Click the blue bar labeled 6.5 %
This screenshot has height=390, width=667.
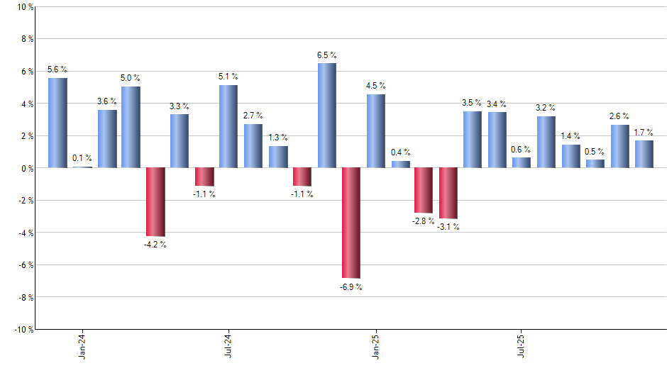coord(326,116)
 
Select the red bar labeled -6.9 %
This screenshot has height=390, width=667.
coord(351,223)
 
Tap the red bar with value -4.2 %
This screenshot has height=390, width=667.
coord(155,202)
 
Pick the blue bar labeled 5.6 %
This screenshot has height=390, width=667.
coord(57,123)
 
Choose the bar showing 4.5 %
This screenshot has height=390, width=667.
coord(376,131)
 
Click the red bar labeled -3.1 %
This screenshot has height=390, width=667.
coord(448,193)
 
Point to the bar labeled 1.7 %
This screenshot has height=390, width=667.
coord(644,154)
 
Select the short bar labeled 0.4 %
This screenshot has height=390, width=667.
coord(400,165)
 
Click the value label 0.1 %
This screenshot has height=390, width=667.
coord(82,158)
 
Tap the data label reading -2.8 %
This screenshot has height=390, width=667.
coord(424,221)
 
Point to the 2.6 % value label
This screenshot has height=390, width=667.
coord(619,116)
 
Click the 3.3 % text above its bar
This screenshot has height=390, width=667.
coord(180,106)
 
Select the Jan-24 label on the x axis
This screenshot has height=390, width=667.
coord(82,345)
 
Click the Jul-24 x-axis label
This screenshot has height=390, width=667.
coord(228,345)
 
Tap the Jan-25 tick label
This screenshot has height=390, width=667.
coord(375,345)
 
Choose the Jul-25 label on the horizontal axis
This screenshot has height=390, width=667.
coord(522,345)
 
